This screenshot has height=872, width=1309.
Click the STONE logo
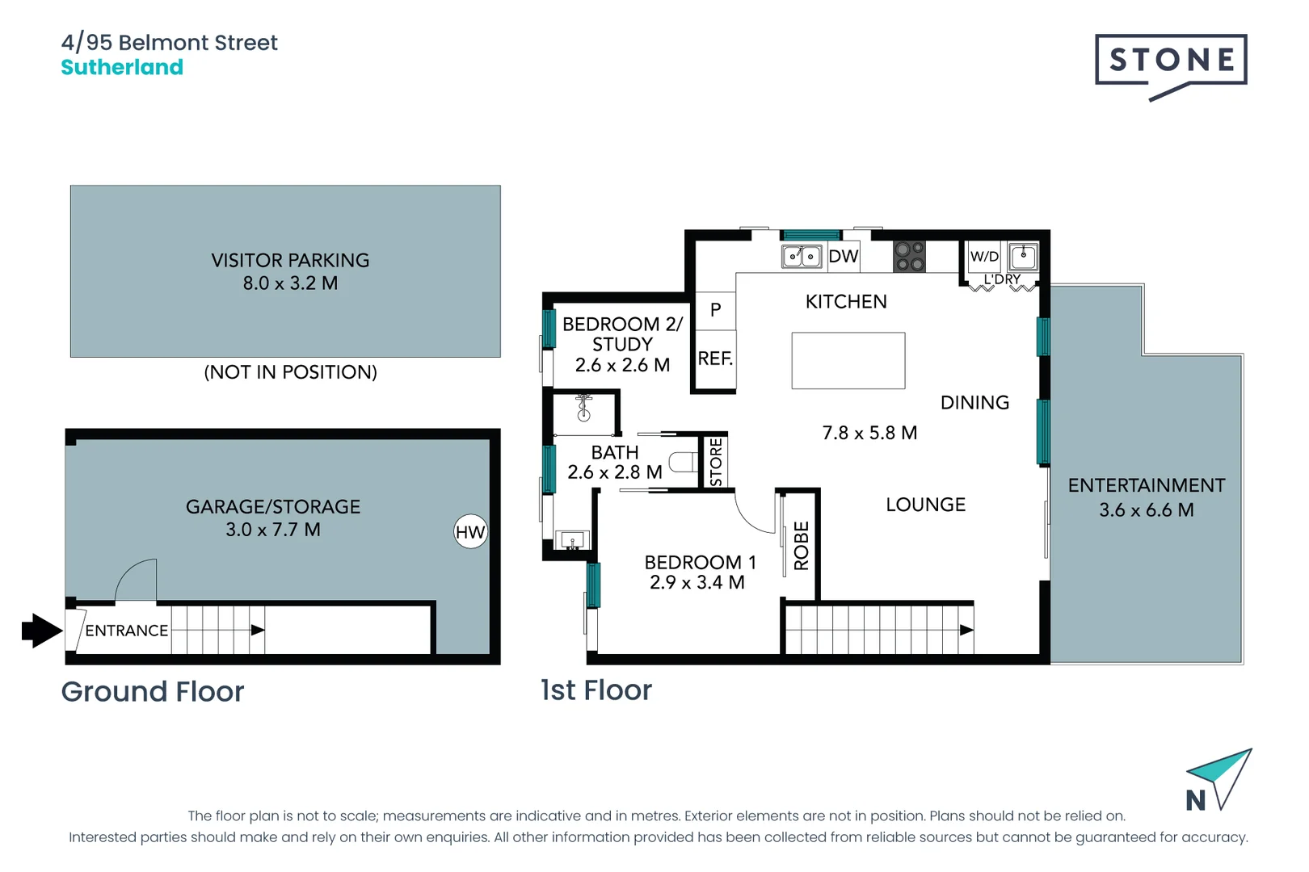[x=1171, y=61]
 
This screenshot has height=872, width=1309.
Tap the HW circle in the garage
[x=470, y=532]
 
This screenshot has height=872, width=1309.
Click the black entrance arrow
[x=41, y=631]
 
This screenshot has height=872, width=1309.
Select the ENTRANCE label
[x=127, y=631]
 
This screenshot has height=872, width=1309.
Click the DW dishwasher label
[x=843, y=257]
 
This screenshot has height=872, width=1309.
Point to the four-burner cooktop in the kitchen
[x=910, y=257]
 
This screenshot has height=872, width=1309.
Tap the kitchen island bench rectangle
[x=848, y=361]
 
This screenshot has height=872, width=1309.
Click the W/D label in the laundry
[x=984, y=257]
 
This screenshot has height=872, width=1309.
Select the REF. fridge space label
[x=715, y=358]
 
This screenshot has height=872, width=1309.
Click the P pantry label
[x=715, y=310]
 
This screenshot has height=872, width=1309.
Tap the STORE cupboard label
[x=716, y=463]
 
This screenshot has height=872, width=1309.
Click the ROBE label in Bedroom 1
[x=802, y=546]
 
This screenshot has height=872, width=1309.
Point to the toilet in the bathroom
[x=684, y=462]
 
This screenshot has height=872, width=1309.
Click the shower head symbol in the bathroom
[x=584, y=409]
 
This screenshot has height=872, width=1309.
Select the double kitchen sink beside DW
[x=802, y=257]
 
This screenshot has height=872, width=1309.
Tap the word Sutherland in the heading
[x=122, y=67]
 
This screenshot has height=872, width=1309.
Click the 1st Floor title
[x=596, y=690]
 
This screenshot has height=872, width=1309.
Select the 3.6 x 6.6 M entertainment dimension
[x=1146, y=510]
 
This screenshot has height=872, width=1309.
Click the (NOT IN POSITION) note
[x=290, y=372]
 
